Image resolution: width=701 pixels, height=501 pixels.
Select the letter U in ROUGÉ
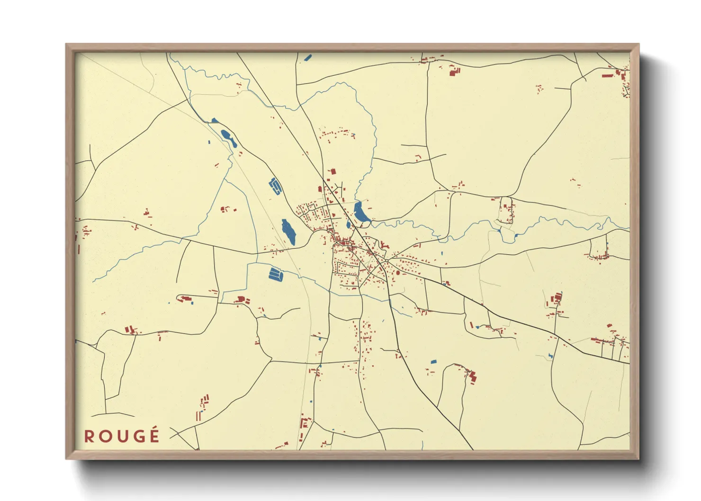(122, 436)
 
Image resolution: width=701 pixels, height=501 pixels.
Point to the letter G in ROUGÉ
(138, 436)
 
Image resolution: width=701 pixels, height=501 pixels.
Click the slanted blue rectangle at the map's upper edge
(308, 58)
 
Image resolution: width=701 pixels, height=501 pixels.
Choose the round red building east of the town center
(398, 273)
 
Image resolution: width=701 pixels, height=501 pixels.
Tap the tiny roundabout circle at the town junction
(386, 260)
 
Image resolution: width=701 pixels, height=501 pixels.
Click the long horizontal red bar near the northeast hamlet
(608, 75)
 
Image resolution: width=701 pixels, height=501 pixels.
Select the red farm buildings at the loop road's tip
(472, 377)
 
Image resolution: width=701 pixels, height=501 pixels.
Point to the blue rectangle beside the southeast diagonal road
(433, 362)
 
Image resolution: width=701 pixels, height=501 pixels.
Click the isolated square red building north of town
(333, 171)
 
